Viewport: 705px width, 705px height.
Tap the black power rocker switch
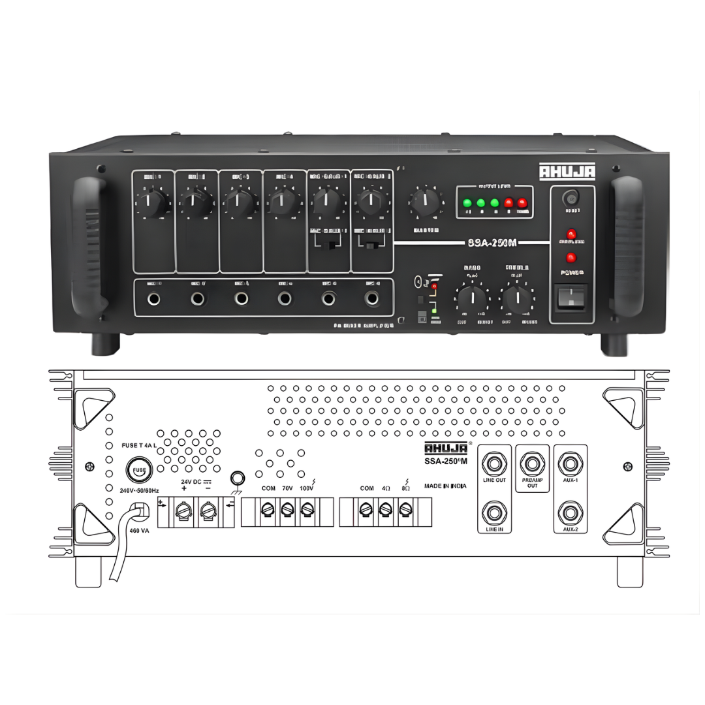571,297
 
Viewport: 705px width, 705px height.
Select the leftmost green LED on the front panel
467,203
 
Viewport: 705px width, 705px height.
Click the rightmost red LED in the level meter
522,203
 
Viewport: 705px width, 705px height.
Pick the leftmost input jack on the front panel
154,299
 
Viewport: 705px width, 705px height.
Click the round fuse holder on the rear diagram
138,470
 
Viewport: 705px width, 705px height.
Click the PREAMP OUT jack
532,464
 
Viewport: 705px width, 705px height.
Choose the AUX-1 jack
571,464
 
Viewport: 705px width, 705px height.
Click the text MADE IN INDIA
445,486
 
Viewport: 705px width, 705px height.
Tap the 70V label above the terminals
287,488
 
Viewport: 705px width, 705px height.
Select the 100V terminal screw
307,509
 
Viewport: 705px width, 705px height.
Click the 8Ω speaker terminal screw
405,509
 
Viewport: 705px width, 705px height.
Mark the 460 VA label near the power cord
139,531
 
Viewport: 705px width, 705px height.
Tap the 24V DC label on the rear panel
194,481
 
